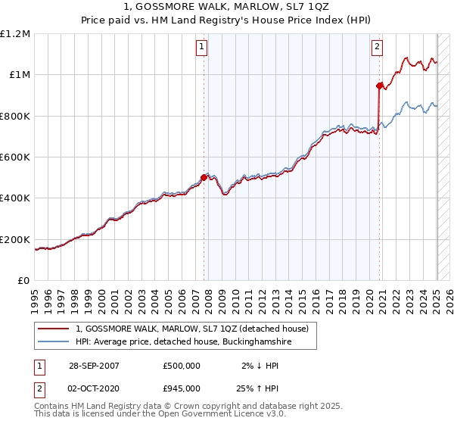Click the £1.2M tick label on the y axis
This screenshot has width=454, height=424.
pyautogui.click(x=16, y=34)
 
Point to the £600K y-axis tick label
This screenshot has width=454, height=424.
pyautogui.click(x=16, y=157)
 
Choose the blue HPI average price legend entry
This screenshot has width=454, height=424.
pyautogui.click(x=184, y=343)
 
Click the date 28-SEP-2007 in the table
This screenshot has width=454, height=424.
pyautogui.click(x=94, y=366)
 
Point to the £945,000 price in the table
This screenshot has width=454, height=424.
pyautogui.click(x=182, y=390)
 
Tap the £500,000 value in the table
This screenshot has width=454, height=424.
pyautogui.click(x=182, y=366)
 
